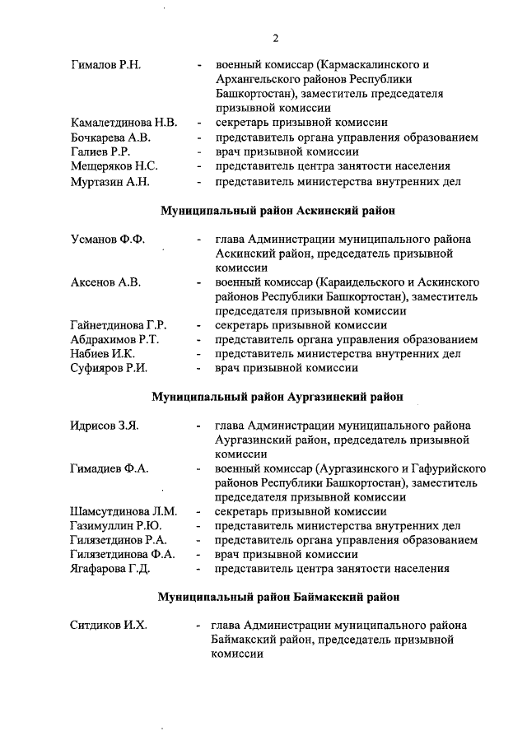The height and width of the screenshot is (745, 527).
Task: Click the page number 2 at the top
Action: pos(277,37)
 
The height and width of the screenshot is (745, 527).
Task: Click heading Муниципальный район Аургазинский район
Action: pos(277,397)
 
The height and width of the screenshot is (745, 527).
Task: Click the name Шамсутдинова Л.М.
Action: pos(124,511)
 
